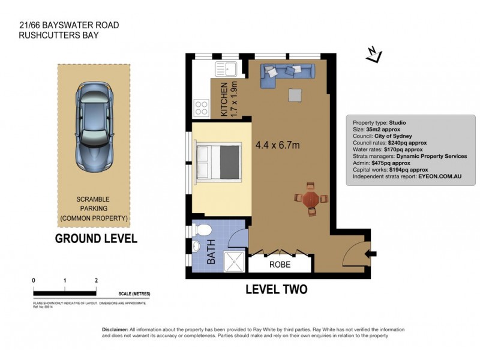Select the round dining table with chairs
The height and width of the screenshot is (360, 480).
click(x=311, y=198)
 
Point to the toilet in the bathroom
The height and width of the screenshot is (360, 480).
click(x=203, y=230)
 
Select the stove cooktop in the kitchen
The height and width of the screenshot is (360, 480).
click(x=201, y=109)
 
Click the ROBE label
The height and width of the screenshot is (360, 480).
click(x=279, y=263)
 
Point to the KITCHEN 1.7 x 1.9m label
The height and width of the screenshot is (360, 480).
click(x=230, y=99)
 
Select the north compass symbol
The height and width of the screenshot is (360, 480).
click(x=375, y=56)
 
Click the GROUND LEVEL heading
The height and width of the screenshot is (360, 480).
click(x=96, y=238)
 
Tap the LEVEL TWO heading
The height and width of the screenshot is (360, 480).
click(x=277, y=289)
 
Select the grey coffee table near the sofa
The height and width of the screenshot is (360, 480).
click(x=295, y=95)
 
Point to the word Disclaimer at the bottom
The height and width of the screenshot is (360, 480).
click(x=114, y=330)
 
